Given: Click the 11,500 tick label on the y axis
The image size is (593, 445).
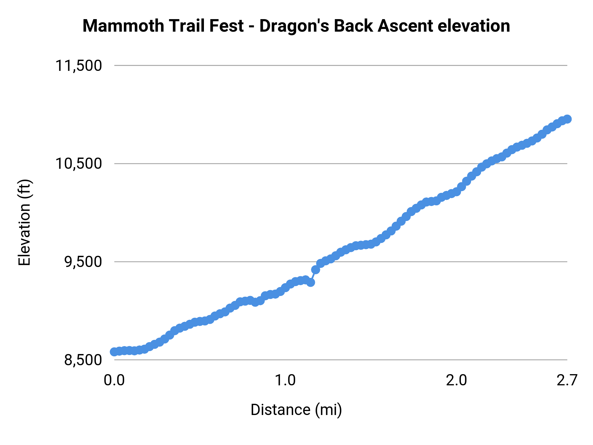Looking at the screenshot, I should click(78, 66).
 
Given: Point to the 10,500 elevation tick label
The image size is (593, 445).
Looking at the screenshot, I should click(78, 163).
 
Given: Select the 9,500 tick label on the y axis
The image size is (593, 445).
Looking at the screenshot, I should click(83, 262).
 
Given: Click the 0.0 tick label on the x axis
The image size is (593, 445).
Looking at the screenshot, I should click(114, 380).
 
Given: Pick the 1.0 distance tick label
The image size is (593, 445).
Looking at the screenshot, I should click(285, 380).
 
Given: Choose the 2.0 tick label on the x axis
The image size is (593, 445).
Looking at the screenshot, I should click(456, 380).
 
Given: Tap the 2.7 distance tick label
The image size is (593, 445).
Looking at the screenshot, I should click(567, 380).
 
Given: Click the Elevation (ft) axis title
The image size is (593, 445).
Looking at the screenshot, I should click(24, 222).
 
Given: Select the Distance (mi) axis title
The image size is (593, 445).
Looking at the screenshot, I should click(296, 410).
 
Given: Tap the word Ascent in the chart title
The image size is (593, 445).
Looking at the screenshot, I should click(405, 26).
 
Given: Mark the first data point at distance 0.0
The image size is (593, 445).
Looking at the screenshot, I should click(114, 352).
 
